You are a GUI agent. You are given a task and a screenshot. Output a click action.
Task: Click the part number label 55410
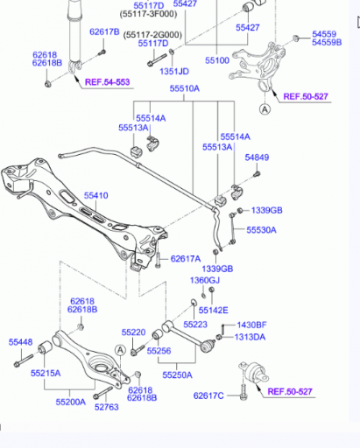[96, 195]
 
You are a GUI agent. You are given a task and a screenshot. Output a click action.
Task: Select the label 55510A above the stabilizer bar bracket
[185, 88]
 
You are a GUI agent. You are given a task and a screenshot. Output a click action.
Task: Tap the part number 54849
[257, 157]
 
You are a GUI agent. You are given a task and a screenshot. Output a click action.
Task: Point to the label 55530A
[261, 230]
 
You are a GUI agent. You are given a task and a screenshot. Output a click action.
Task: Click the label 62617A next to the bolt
[186, 259]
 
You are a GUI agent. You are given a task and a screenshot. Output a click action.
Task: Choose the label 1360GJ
[205, 280]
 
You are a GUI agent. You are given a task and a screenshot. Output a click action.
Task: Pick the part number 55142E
[214, 311]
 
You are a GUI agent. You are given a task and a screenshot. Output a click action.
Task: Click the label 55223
[195, 325]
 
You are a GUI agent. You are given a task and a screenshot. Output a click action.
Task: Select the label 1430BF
[251, 325]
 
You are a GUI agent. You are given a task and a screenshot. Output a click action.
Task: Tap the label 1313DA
[251, 337]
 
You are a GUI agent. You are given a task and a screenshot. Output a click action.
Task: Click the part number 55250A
[177, 375]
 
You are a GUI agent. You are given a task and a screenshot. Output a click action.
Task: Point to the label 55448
[20, 342]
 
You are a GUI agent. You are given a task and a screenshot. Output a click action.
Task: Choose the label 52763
[107, 407]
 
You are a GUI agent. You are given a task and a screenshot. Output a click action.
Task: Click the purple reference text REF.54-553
[107, 82]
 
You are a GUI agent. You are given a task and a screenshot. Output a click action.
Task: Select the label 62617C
[208, 395]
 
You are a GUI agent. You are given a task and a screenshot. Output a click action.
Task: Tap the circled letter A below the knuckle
[265, 109]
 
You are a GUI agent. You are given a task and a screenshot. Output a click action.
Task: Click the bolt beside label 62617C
[244, 392]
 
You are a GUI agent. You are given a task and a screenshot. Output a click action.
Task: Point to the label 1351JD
[174, 72]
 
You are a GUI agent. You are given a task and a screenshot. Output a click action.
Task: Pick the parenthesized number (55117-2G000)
[152, 35]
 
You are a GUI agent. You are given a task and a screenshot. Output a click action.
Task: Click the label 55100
[217, 60]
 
